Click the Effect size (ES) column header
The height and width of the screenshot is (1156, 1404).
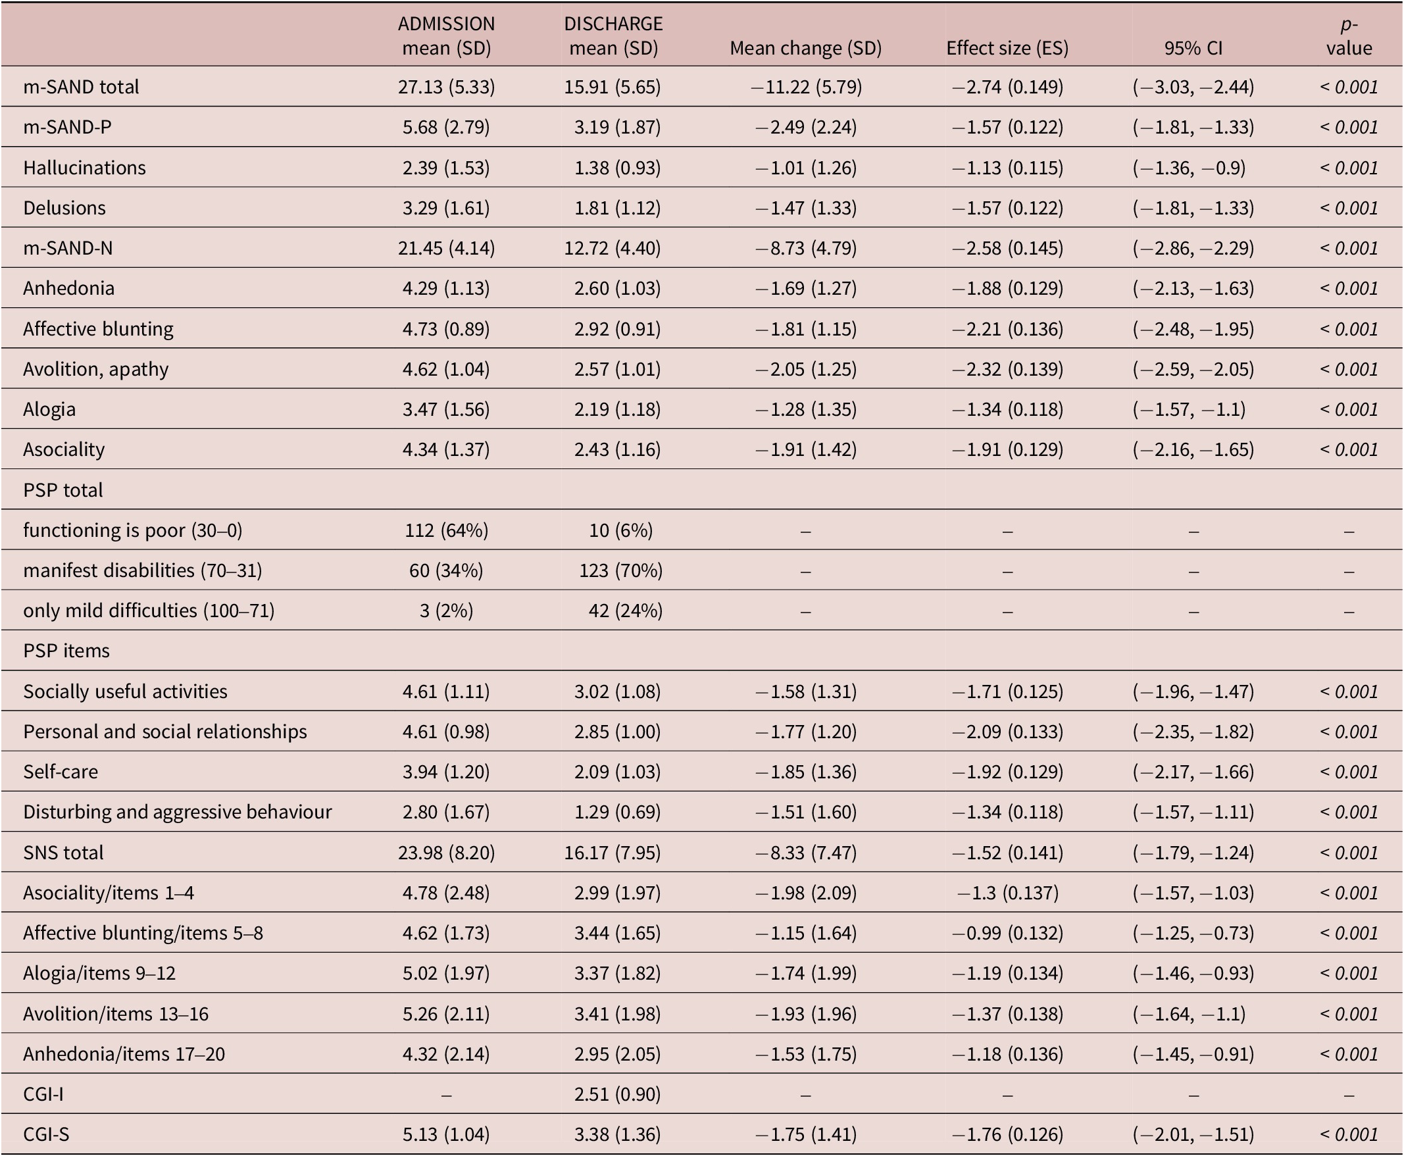[x=1007, y=48]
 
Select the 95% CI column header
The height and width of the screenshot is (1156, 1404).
[x=1193, y=48]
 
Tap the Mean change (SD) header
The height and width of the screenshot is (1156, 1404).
[x=805, y=48]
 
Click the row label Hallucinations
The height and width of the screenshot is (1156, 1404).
[x=85, y=167]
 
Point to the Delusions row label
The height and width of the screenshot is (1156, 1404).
[x=64, y=208]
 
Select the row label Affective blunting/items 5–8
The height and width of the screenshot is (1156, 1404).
[x=143, y=933]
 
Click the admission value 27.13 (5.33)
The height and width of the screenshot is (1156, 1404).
[x=446, y=87]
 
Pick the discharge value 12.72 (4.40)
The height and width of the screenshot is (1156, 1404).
[x=613, y=247]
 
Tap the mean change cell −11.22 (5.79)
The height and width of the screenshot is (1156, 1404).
[x=805, y=87]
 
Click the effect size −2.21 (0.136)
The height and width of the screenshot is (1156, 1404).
[x=1007, y=329]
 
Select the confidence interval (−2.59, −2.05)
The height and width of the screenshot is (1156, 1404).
[x=1193, y=369]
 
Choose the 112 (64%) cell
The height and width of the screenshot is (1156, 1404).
[x=446, y=530]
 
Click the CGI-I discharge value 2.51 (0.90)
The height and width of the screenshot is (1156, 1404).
[x=617, y=1094]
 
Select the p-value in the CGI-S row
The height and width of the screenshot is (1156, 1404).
[x=1349, y=1134]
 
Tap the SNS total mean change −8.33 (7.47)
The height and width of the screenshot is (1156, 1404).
[x=805, y=852]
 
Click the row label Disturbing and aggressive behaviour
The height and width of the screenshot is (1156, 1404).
[x=177, y=812]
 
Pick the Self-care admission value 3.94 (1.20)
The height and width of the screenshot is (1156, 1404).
[x=446, y=772]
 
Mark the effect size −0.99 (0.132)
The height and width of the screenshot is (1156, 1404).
[x=1007, y=933]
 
